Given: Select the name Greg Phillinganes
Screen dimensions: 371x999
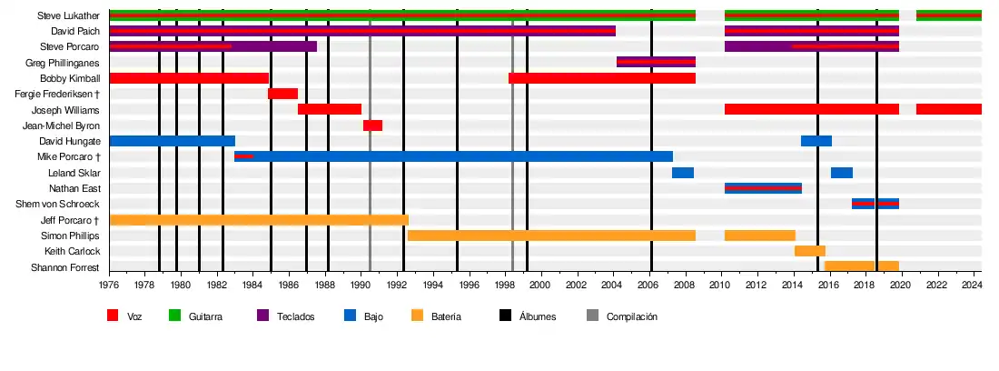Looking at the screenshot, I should point(63,63).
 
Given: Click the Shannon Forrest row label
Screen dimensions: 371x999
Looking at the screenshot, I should point(65,267).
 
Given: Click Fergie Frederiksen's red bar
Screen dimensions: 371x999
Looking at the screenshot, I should point(282,94).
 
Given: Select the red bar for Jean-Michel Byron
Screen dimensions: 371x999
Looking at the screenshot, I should point(372,125).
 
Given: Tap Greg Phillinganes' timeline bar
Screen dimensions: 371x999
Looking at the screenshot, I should point(656,63).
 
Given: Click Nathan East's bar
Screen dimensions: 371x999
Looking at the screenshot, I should point(763,188).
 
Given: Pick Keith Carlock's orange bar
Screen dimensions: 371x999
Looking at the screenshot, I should point(809,251).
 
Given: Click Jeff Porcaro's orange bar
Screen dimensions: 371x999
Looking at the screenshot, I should point(259,220).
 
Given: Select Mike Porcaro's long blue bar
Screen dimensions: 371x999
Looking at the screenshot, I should point(454,156).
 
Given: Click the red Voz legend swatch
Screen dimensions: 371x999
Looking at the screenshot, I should point(114,316).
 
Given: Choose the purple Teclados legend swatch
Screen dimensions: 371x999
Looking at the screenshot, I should point(263,316).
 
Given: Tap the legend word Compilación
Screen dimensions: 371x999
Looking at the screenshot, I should point(631,317).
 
